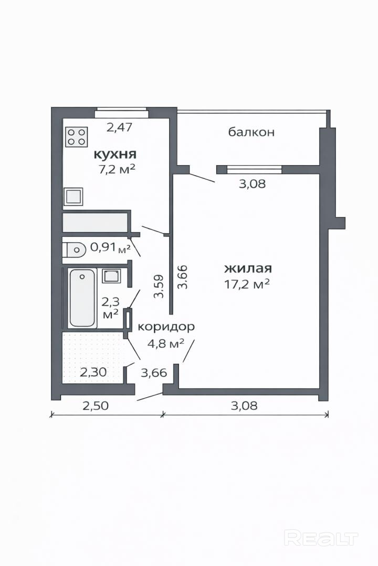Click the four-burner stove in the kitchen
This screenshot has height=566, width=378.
[x=77, y=137]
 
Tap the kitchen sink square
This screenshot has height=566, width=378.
[x=74, y=197]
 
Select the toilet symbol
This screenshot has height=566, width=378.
[x=74, y=249]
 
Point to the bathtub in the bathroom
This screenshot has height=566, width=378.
[x=82, y=298]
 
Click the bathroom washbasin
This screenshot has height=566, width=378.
[x=111, y=276]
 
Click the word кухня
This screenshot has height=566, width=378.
[x=115, y=155]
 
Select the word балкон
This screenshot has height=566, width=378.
[x=251, y=132]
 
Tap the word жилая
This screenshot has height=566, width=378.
[x=248, y=268]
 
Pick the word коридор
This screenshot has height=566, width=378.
[x=166, y=327]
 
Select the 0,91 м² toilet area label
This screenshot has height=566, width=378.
[x=110, y=247]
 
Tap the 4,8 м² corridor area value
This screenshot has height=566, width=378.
[x=166, y=343]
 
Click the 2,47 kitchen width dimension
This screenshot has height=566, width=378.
[x=120, y=127]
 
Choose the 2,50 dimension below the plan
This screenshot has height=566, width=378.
[x=96, y=406]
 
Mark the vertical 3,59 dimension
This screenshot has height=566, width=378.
[x=159, y=287]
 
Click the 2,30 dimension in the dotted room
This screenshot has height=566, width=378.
[x=93, y=372]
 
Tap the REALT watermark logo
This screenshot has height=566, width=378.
[x=321, y=538]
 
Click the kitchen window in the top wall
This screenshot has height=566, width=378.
[x=122, y=113]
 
